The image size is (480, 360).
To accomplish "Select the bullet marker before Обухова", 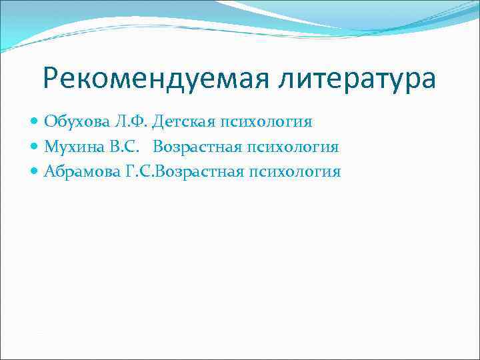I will [x=35, y=122].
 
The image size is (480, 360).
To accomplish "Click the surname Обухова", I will [x=73, y=122].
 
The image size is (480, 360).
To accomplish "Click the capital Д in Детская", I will [x=157, y=122].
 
